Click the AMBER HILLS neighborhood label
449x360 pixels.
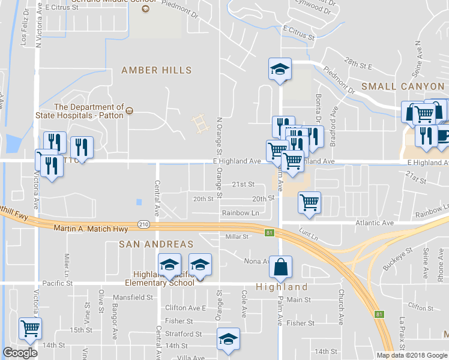point(156,70)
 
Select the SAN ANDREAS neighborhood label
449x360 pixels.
point(156,244)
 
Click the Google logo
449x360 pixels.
point(20,353)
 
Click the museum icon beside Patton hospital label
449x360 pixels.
point(129,112)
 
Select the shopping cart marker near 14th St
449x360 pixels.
point(30,328)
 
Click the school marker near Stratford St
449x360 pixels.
point(228,339)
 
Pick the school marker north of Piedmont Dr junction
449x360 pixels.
point(280,69)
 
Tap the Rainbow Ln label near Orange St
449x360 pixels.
point(240,213)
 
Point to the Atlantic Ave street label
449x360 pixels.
point(373,223)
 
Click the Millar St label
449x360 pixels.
point(237,237)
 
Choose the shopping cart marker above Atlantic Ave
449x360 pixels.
point(309,203)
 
